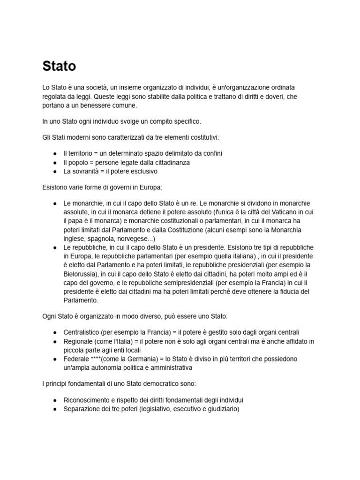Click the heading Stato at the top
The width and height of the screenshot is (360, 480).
[59, 66]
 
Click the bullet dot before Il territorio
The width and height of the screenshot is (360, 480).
[55, 153]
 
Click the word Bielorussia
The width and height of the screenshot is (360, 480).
[81, 274]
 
